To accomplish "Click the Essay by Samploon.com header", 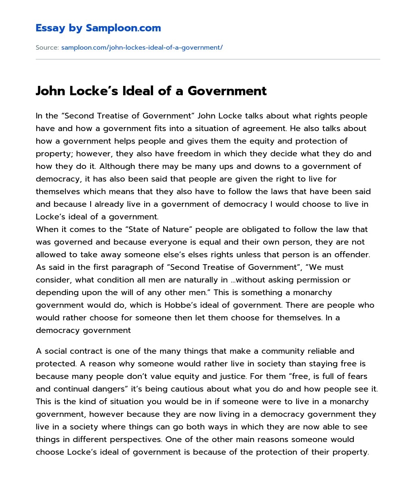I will pos(98,28).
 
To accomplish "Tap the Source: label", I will pos(47,48).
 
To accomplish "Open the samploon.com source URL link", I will pos(142,48).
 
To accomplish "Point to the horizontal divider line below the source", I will pos(208,59).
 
